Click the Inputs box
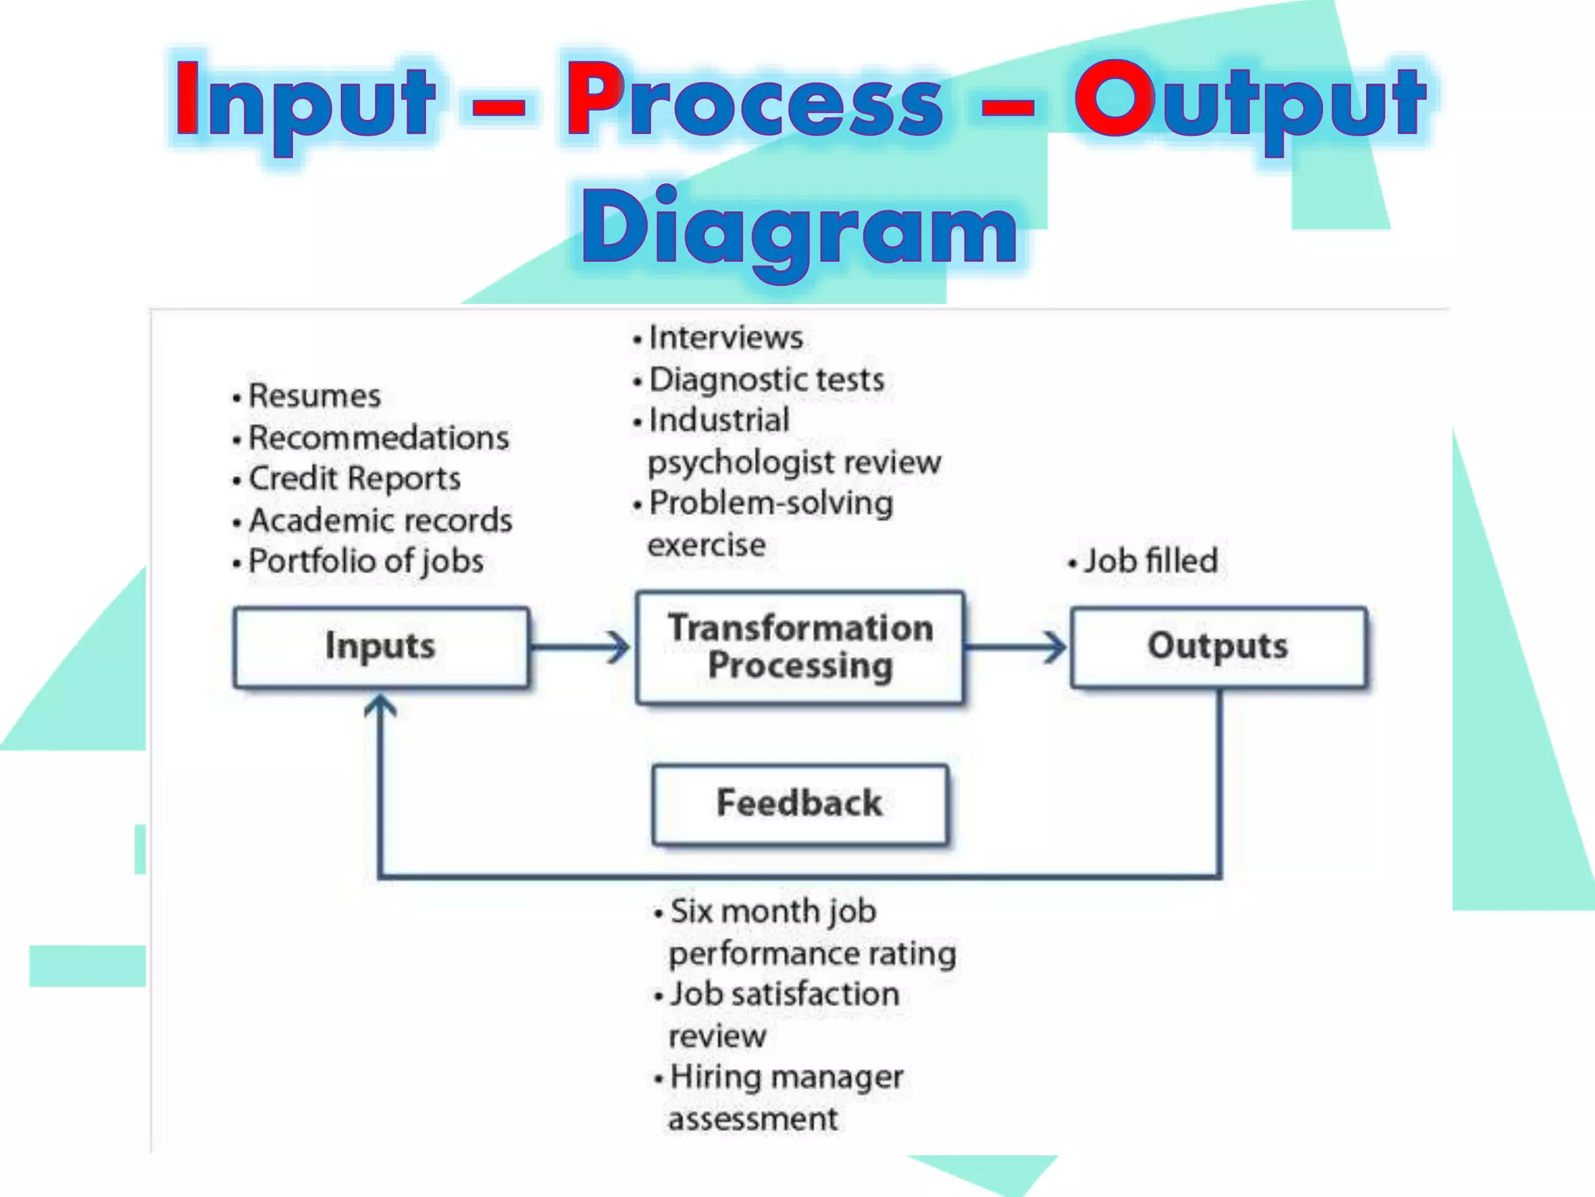(x=381, y=647)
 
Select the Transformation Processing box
(x=800, y=648)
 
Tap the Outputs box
(x=1218, y=647)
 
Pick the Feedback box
(x=800, y=804)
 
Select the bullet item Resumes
(x=314, y=396)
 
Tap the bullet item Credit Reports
(x=354, y=478)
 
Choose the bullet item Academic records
(x=380, y=521)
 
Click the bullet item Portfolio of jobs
(x=365, y=561)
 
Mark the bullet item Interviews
(x=725, y=338)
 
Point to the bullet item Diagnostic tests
(x=766, y=380)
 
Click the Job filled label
(x=1150, y=561)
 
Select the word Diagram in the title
(x=800, y=228)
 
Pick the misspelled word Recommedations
(x=379, y=438)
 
